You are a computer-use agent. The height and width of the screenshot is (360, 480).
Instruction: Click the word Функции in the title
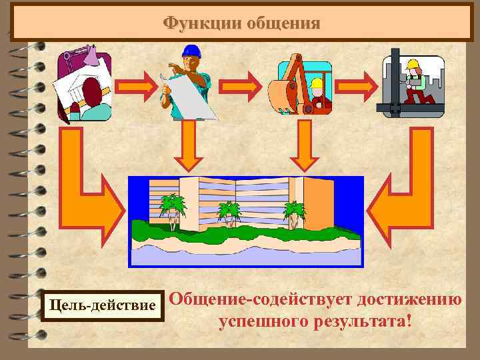201,24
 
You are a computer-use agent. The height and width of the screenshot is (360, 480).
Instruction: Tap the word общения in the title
283,24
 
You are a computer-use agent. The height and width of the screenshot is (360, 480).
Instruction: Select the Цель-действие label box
103,306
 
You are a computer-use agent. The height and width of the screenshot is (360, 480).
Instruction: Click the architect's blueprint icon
85,85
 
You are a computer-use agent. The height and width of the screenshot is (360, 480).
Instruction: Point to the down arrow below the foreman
189,147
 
